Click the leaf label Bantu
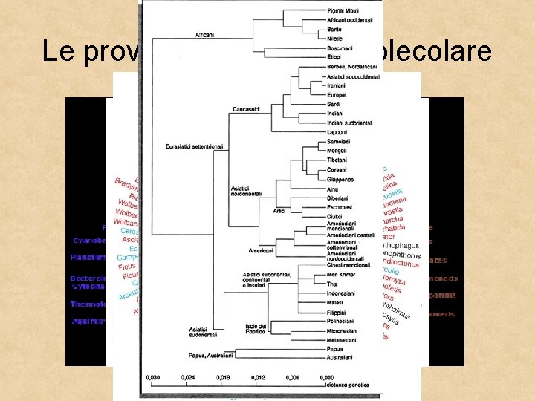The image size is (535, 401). (334, 29)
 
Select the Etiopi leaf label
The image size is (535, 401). (334, 56)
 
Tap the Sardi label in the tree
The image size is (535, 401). (334, 104)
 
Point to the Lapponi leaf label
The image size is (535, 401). (337, 132)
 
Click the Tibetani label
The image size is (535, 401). (338, 160)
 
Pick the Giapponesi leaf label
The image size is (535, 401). (341, 179)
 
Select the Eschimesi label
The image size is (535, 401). (340, 207)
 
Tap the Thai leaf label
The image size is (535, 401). (332, 284)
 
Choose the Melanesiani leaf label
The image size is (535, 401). (342, 340)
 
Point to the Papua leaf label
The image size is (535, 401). (334, 350)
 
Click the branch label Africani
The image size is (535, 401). (206, 35)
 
